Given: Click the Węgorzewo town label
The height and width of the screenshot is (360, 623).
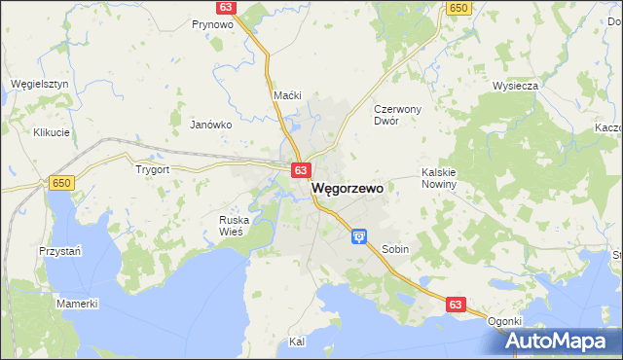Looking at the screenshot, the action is coord(348,190).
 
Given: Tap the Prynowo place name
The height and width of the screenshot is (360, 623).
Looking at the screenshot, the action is coord(211,24).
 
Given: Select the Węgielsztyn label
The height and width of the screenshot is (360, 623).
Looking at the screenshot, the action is coord(39,85).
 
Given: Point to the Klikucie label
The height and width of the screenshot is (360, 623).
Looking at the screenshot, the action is coord(51,132).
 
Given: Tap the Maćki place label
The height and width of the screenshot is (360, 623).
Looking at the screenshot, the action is coord(288,95).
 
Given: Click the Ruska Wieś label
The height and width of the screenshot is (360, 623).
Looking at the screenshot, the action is coord(234,226).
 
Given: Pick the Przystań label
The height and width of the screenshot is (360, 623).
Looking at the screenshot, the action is coord(59,250).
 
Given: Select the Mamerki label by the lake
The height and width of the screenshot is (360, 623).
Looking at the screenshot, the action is coord(77,305).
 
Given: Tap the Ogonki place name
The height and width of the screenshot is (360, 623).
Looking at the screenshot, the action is coord(505,321).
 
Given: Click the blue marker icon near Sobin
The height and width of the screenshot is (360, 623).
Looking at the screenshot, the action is coord(359,235).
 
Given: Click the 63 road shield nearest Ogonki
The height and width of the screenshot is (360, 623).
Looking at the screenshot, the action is coord(455,305).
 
